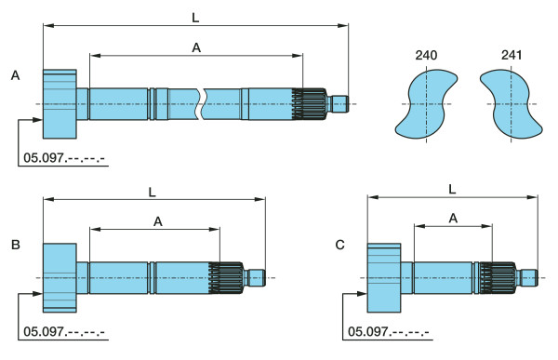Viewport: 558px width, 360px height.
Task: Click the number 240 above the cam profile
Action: pos(426,55)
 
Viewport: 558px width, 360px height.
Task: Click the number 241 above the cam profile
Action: pos(511,55)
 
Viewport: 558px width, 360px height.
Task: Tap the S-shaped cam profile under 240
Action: pos(426,104)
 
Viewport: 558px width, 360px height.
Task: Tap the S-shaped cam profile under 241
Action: pos(511,104)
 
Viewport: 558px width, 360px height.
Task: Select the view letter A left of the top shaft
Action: pos(15,75)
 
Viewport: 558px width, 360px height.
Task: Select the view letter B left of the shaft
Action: pos(15,245)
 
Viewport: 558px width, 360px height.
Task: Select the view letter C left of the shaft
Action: pos(339,245)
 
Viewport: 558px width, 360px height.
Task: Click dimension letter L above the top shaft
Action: pos(195,18)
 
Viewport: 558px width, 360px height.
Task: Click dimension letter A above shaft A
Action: pos(196,47)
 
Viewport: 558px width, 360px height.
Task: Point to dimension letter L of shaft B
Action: pos(152,193)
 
